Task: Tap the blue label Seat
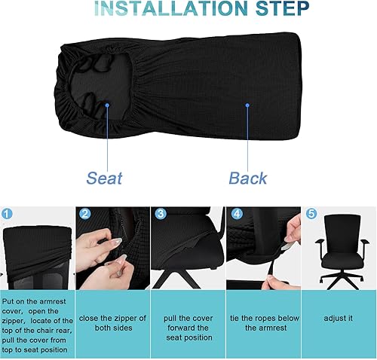coord(104,178)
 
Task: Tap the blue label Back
coord(248,178)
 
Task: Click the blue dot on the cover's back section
coord(247,106)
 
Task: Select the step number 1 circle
coord(7,214)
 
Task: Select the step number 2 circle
coord(84,214)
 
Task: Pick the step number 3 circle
coord(160,214)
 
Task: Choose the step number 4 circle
coord(235,214)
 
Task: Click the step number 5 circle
coord(311,214)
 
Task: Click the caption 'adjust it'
coord(339,318)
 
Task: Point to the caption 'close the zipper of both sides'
coord(112,323)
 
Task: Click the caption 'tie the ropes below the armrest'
coord(263,323)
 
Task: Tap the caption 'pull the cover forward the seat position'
coord(188,323)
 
